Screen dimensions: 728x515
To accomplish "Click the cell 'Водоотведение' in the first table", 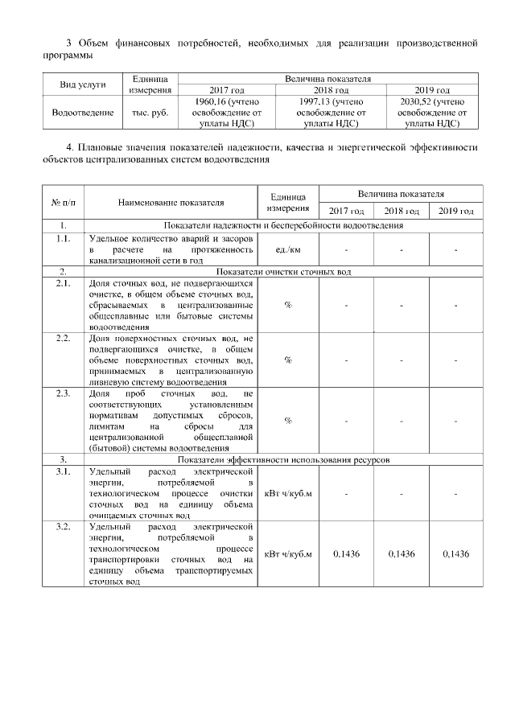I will pos(82,113).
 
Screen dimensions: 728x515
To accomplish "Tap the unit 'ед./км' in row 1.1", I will pos(287,249).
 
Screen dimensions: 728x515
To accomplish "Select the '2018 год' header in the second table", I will pos(401,211).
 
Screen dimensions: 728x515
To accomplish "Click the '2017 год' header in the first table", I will pos(226,90).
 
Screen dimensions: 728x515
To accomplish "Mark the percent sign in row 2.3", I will pos(287,421).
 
